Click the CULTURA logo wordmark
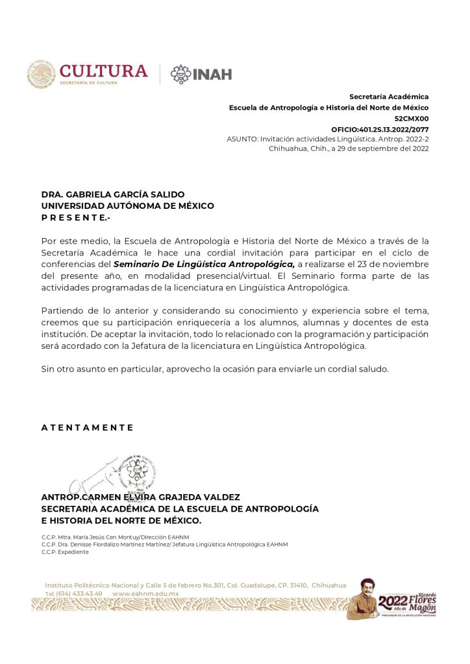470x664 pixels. tap(104, 71)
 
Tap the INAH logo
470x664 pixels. tap(201, 73)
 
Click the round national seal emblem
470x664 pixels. tap(41, 74)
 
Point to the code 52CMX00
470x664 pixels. tap(412, 119)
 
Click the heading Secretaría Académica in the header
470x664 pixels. tap(389, 97)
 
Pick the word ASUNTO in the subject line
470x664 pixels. tap(241, 139)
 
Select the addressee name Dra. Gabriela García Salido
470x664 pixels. tap(113, 194)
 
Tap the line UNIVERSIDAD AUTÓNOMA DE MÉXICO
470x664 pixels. tap(127, 206)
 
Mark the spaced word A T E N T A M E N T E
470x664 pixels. tap(87, 427)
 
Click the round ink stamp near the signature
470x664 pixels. tap(139, 473)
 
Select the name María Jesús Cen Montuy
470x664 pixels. tap(106, 536)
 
